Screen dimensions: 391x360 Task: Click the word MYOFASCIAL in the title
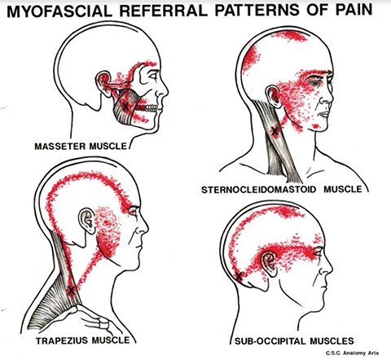(x=59, y=11)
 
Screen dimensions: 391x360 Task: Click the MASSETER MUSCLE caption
(x=81, y=147)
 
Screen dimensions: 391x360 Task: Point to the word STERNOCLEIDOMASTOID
(x=259, y=189)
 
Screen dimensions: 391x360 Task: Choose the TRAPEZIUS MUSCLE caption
(x=82, y=340)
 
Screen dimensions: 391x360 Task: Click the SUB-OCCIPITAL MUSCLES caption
(x=294, y=340)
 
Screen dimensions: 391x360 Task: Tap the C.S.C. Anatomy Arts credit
(x=352, y=353)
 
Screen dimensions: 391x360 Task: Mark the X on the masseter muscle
(x=125, y=106)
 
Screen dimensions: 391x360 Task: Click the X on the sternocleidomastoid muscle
(x=275, y=131)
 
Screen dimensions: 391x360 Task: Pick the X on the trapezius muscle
(x=71, y=290)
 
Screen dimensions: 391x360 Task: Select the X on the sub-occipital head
(x=239, y=276)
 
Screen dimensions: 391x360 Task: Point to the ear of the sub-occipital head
(x=269, y=263)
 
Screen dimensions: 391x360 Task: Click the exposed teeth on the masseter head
(x=147, y=108)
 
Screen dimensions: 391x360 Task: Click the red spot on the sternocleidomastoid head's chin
(x=316, y=126)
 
